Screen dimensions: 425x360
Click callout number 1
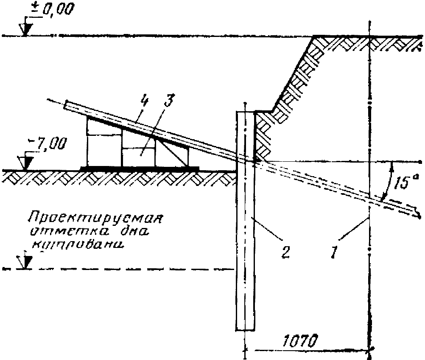point(334,252)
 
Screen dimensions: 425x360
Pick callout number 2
point(285,251)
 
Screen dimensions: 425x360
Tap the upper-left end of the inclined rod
point(66,104)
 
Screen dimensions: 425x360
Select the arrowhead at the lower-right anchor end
point(417,214)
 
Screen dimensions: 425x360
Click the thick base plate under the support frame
point(140,168)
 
